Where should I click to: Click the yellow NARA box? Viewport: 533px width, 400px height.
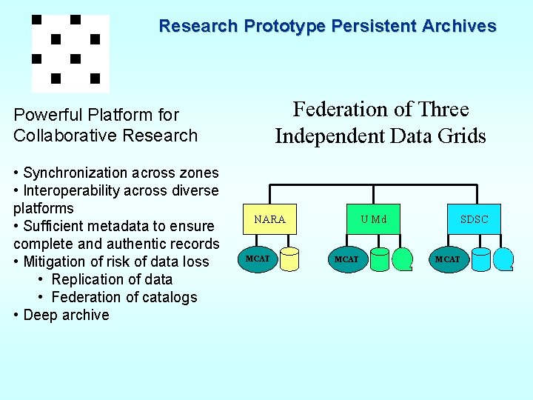click(x=269, y=219)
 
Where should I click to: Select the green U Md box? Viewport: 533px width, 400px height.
click(x=373, y=219)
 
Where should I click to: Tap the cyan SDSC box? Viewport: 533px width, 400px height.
click(x=474, y=219)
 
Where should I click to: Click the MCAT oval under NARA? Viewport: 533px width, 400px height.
click(x=258, y=259)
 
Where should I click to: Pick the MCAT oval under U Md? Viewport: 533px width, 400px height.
click(x=346, y=259)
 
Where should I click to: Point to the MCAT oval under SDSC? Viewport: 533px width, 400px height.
click(x=448, y=259)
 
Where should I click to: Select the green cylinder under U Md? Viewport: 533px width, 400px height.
click(x=379, y=259)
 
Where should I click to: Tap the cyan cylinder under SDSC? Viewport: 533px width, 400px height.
click(x=481, y=259)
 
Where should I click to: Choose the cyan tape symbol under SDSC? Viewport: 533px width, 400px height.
click(x=504, y=259)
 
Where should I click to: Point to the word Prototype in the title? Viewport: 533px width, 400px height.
click(x=284, y=27)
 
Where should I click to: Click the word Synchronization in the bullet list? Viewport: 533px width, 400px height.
click(x=75, y=173)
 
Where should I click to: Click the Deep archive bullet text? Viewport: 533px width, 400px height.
click(x=66, y=315)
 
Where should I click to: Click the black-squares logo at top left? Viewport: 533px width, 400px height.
click(x=70, y=52)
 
